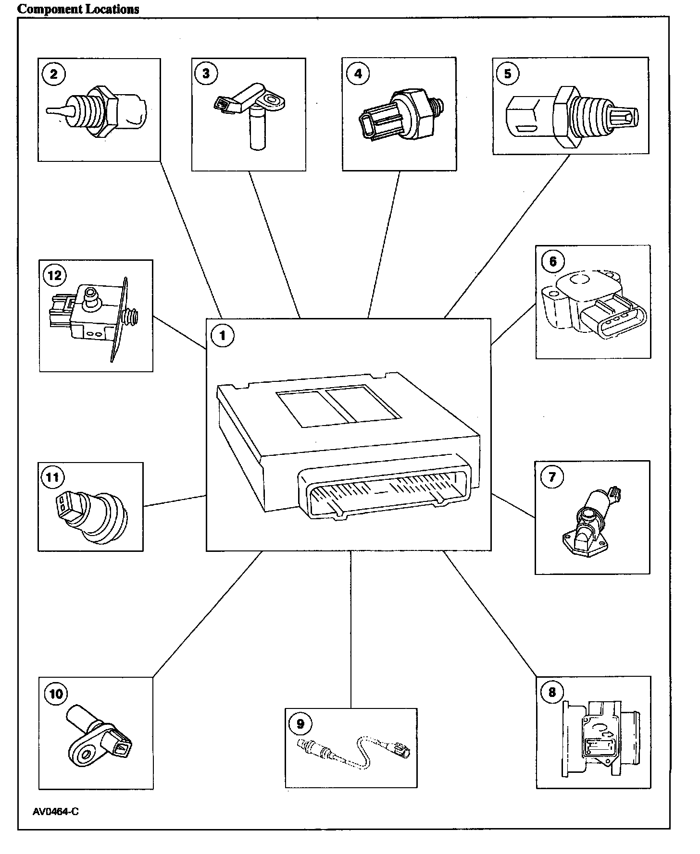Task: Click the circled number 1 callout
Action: (222, 335)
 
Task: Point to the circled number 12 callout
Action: (54, 275)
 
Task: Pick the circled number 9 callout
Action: (300, 723)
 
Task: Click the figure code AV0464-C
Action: (56, 812)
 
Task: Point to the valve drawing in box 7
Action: (590, 522)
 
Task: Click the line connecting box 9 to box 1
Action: (351, 629)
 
